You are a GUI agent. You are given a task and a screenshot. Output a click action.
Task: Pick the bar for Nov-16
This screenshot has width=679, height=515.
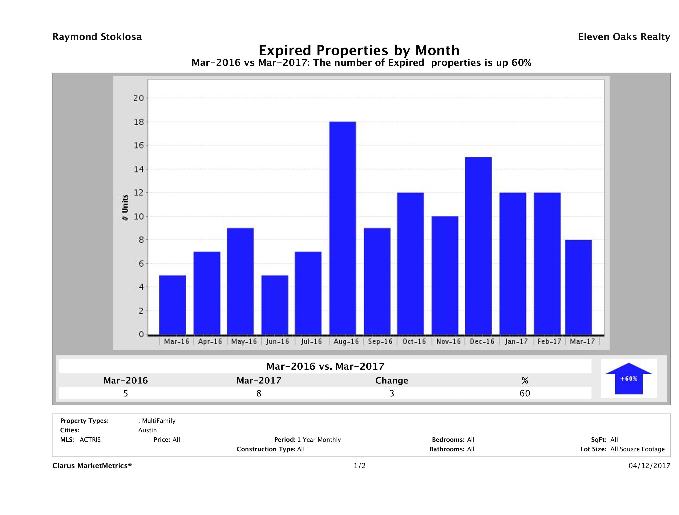tap(445, 275)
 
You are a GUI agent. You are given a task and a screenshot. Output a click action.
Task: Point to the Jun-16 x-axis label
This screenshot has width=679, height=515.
tap(278, 342)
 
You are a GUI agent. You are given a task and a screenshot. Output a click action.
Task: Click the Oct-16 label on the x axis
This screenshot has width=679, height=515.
tap(414, 342)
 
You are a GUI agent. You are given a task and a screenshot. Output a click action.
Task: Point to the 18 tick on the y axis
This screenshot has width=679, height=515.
tap(139, 122)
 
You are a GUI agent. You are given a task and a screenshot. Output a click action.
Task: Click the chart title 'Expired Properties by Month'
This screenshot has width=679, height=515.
tap(359, 50)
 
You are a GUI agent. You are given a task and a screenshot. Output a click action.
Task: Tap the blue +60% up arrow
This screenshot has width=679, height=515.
tap(628, 378)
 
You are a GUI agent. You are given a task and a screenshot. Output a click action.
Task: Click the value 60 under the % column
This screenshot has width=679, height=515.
tap(525, 393)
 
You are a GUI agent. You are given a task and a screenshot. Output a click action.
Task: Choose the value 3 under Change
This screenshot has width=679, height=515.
tap(392, 393)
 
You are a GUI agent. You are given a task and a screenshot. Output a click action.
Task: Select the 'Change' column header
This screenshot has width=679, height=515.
tap(392, 381)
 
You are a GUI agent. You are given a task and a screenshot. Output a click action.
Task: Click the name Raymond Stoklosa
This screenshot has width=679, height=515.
tap(97, 37)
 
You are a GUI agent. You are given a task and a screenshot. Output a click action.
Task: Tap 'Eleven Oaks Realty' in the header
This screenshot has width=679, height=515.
tap(624, 37)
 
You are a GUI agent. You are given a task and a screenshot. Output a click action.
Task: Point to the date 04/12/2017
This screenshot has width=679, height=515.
tap(649, 466)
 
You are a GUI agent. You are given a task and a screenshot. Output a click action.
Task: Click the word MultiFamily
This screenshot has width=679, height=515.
tap(159, 421)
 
